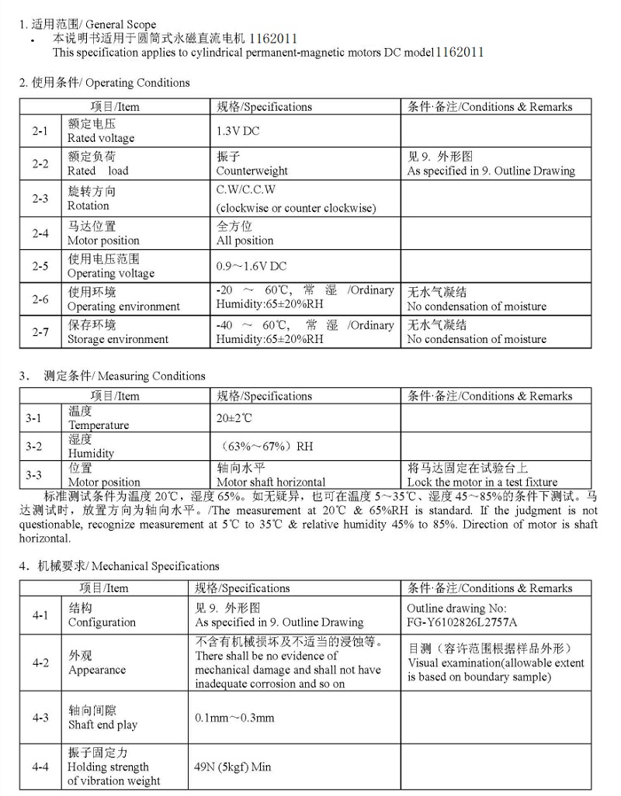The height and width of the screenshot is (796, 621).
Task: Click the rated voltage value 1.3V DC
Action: click(238, 131)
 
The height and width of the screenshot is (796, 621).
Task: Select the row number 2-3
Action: click(40, 199)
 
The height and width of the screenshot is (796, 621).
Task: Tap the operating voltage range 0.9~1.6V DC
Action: click(252, 266)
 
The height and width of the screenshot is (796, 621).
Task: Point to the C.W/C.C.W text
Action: click(245, 189)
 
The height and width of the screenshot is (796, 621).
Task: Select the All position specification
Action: click(245, 241)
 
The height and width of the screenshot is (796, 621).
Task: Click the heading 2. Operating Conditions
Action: click(104, 82)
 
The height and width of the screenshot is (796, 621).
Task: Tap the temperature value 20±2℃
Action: click(234, 418)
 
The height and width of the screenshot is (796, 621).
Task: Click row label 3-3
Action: click(33, 475)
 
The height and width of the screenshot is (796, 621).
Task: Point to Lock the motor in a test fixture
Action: click(482, 482)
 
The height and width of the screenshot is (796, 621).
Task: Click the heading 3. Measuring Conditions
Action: click(113, 376)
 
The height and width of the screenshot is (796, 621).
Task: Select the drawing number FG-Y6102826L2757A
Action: click(462, 622)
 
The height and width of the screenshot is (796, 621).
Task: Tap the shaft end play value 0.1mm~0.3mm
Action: click(234, 718)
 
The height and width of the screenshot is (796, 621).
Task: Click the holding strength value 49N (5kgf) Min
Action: click(233, 767)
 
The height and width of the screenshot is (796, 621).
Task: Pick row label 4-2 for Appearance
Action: click(40, 663)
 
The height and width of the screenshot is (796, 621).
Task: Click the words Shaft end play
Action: click(102, 725)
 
